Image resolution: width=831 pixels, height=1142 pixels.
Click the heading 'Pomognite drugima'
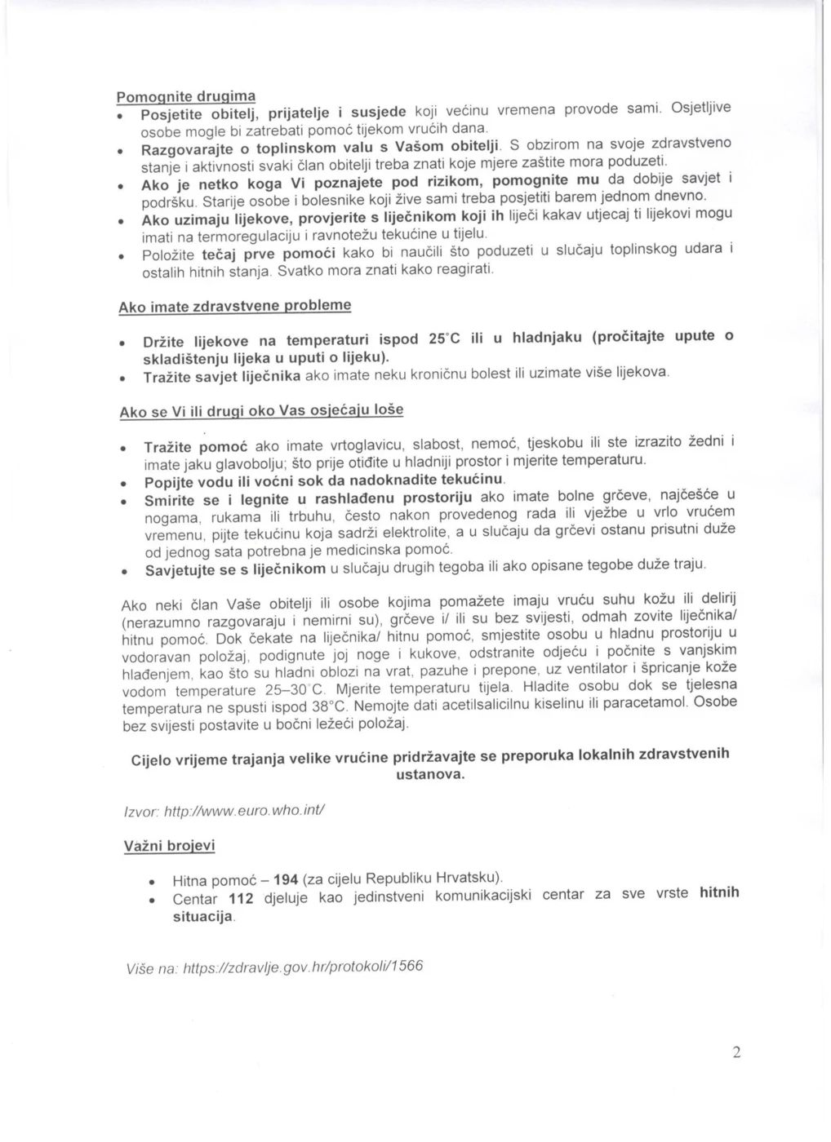tap(186, 96)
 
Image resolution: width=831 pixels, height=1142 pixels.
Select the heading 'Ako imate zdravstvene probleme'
tap(235, 306)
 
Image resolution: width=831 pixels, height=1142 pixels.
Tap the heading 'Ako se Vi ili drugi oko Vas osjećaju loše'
tap(261, 410)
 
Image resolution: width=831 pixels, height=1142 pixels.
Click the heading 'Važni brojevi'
tap(169, 846)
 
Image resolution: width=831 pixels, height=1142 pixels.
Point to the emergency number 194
tap(285, 879)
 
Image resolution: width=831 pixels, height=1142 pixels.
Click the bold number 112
tap(241, 898)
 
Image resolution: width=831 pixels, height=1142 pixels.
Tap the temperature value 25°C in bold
tap(445, 339)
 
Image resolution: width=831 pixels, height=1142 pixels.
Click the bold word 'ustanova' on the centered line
tap(430, 774)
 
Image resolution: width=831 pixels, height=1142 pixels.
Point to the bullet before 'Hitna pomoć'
tap(151, 883)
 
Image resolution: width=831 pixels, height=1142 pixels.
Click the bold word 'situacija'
tap(203, 916)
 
